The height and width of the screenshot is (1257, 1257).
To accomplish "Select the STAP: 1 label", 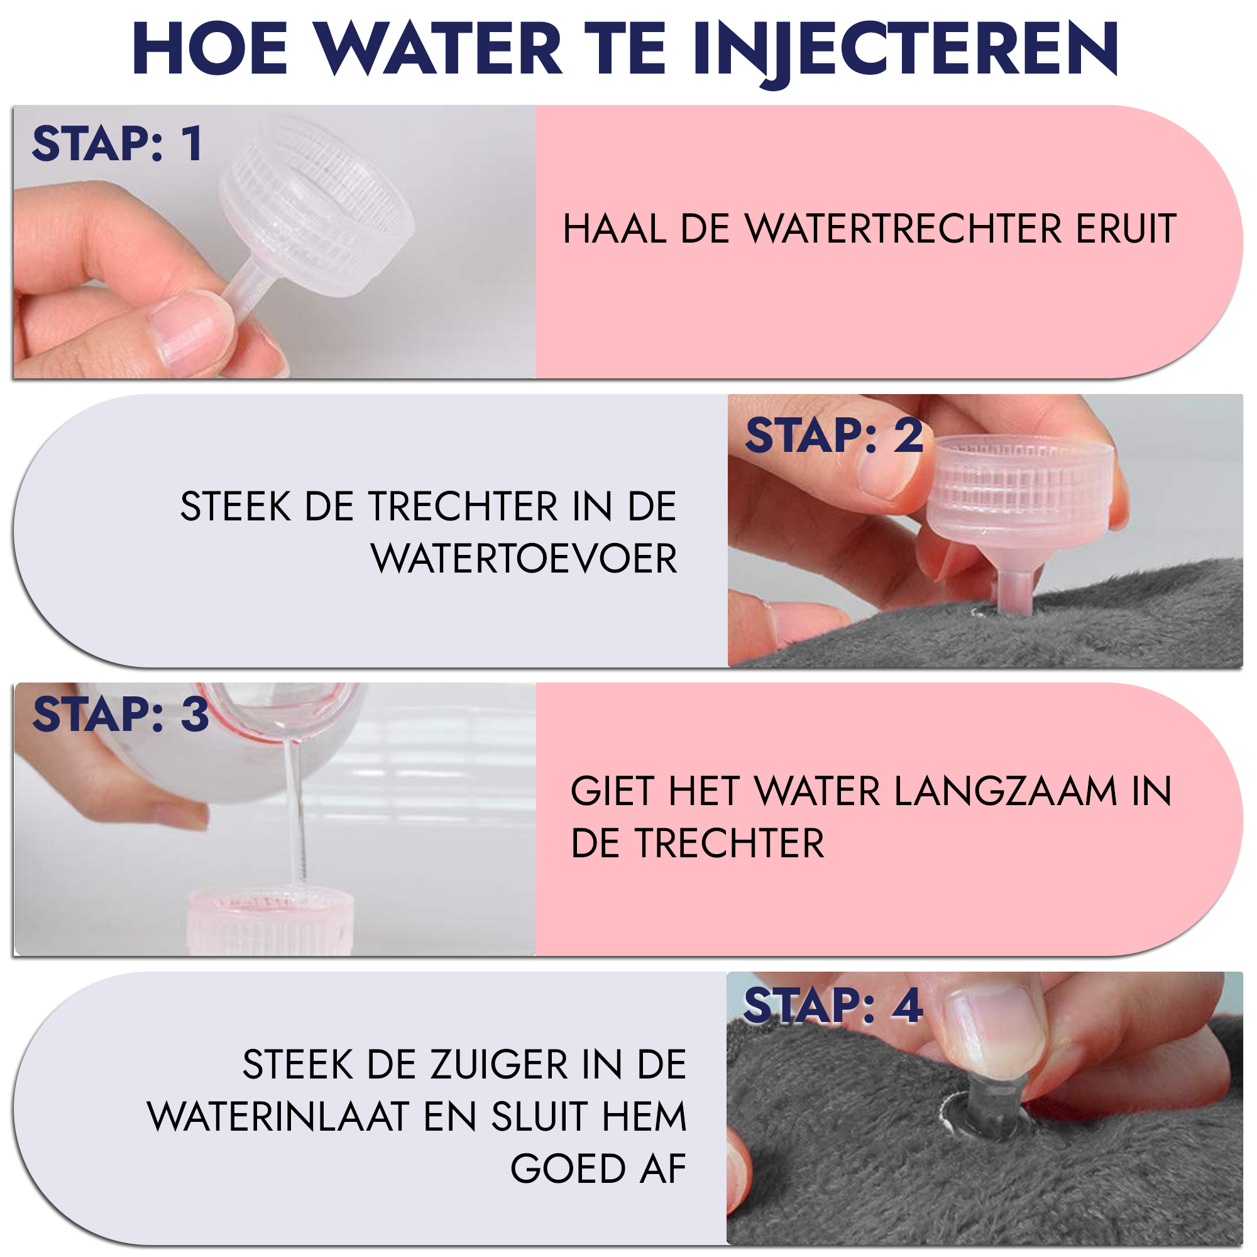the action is [x=117, y=143].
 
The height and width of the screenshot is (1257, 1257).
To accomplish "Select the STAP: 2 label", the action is [x=834, y=436].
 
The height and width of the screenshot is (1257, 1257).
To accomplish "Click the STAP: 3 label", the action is [x=121, y=714].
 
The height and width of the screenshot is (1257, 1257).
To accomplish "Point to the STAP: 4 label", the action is [x=833, y=1005].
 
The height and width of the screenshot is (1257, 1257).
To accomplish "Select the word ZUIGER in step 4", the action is [x=500, y=1065].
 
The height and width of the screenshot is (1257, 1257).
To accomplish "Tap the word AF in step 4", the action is [x=663, y=1168].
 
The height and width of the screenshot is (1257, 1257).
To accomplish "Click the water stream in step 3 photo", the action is [x=296, y=813].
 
